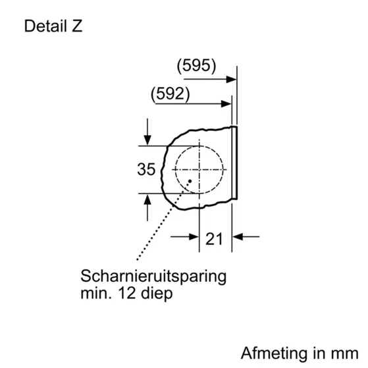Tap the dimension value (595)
click(x=197, y=66)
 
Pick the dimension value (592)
click(x=171, y=93)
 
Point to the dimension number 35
click(x=147, y=169)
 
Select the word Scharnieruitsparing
click(x=153, y=275)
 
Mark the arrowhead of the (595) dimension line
click(x=232, y=79)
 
